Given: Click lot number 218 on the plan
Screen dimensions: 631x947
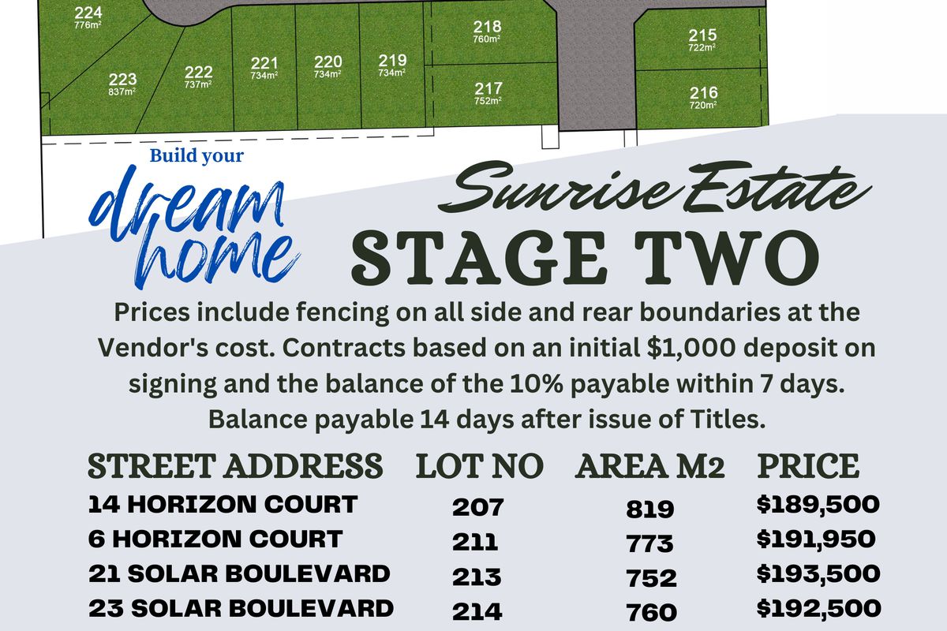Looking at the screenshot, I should click(x=487, y=26).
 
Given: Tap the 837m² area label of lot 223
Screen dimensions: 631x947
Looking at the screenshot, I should click(x=122, y=91).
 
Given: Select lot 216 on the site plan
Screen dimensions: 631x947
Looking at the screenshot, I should click(x=703, y=93).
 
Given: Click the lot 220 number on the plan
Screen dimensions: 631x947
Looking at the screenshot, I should click(x=328, y=62).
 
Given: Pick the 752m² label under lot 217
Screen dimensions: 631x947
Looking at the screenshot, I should click(x=488, y=101).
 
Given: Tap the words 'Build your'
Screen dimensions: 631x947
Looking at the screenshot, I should click(x=197, y=155).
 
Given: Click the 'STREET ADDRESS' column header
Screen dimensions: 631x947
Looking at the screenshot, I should click(x=235, y=466).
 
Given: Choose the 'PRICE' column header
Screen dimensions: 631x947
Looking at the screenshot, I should click(x=808, y=466).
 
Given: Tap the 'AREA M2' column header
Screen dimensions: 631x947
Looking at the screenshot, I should click(x=650, y=466).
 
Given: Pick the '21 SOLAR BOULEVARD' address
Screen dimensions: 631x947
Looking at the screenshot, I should click(x=239, y=573).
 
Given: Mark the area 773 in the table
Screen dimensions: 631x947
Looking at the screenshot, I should click(x=650, y=543).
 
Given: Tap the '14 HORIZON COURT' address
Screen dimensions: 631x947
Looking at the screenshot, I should click(x=223, y=504).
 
